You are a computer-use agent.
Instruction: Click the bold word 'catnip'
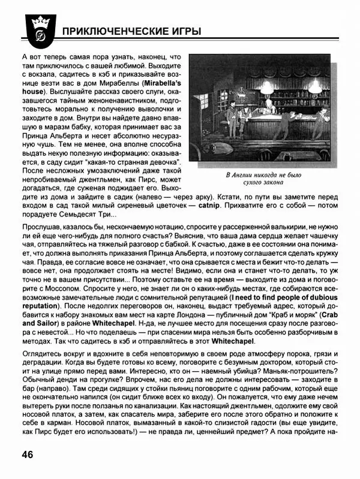click(208, 206)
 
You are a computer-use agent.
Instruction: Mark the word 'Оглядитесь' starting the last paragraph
click(43, 351)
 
